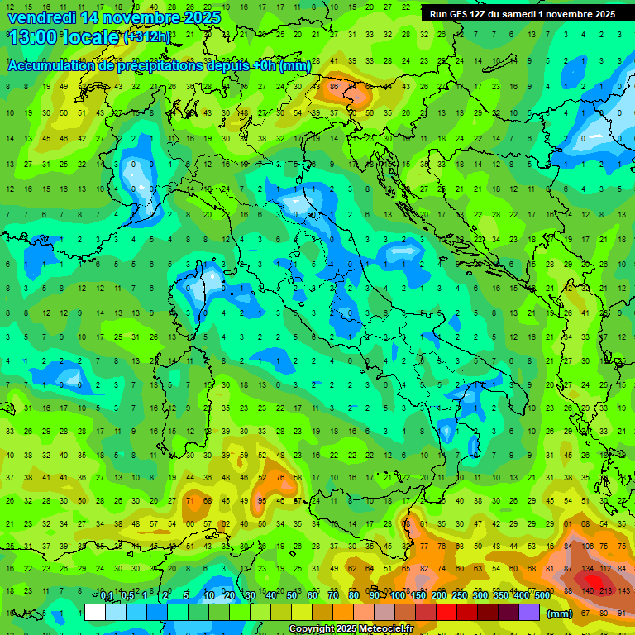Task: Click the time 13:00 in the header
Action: click(x=35, y=37)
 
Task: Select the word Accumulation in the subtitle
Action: click(x=50, y=66)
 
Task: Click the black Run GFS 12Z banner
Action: click(x=522, y=14)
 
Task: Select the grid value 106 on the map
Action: click(x=588, y=546)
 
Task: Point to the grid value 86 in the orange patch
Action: click(x=335, y=85)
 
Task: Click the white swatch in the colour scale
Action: click(x=95, y=613)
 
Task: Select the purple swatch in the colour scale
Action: click(x=529, y=613)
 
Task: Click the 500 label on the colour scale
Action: click(x=542, y=596)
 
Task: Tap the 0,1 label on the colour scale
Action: click(x=107, y=596)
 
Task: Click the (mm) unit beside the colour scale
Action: click(x=560, y=614)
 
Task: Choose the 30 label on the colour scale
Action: click(x=250, y=596)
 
